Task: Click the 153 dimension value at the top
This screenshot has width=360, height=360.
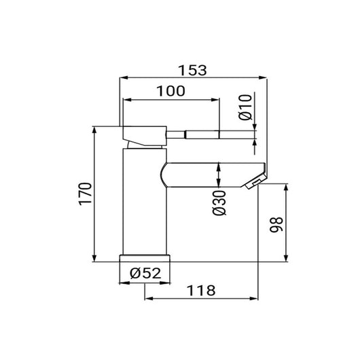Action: (193, 70)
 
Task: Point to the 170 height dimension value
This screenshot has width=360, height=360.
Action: (85, 194)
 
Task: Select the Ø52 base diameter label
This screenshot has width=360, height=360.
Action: (144, 274)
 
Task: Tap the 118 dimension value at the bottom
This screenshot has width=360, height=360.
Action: (202, 291)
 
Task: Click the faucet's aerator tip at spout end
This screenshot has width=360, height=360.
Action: (254, 181)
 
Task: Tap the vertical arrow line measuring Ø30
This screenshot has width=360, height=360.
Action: (218, 175)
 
